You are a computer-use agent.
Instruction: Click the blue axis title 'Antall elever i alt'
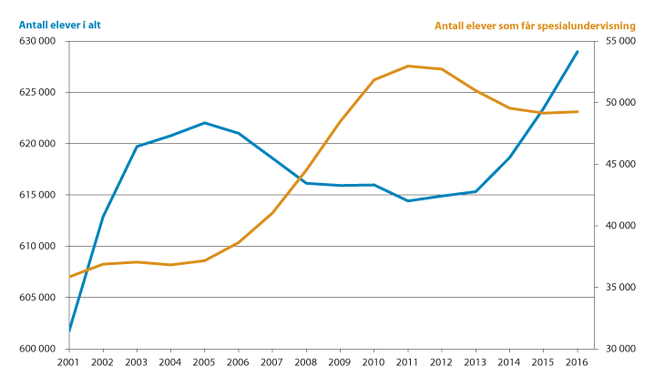(59, 25)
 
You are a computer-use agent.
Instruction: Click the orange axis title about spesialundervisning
(534, 25)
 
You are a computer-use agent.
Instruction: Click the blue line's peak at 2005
(204, 122)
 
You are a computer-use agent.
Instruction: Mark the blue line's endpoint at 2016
(578, 52)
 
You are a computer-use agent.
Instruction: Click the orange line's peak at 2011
(408, 66)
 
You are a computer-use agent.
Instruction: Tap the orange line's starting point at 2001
(69, 277)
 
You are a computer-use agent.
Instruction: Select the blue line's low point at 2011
(408, 200)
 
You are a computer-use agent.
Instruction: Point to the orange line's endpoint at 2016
(578, 112)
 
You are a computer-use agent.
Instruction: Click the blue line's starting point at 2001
(69, 331)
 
